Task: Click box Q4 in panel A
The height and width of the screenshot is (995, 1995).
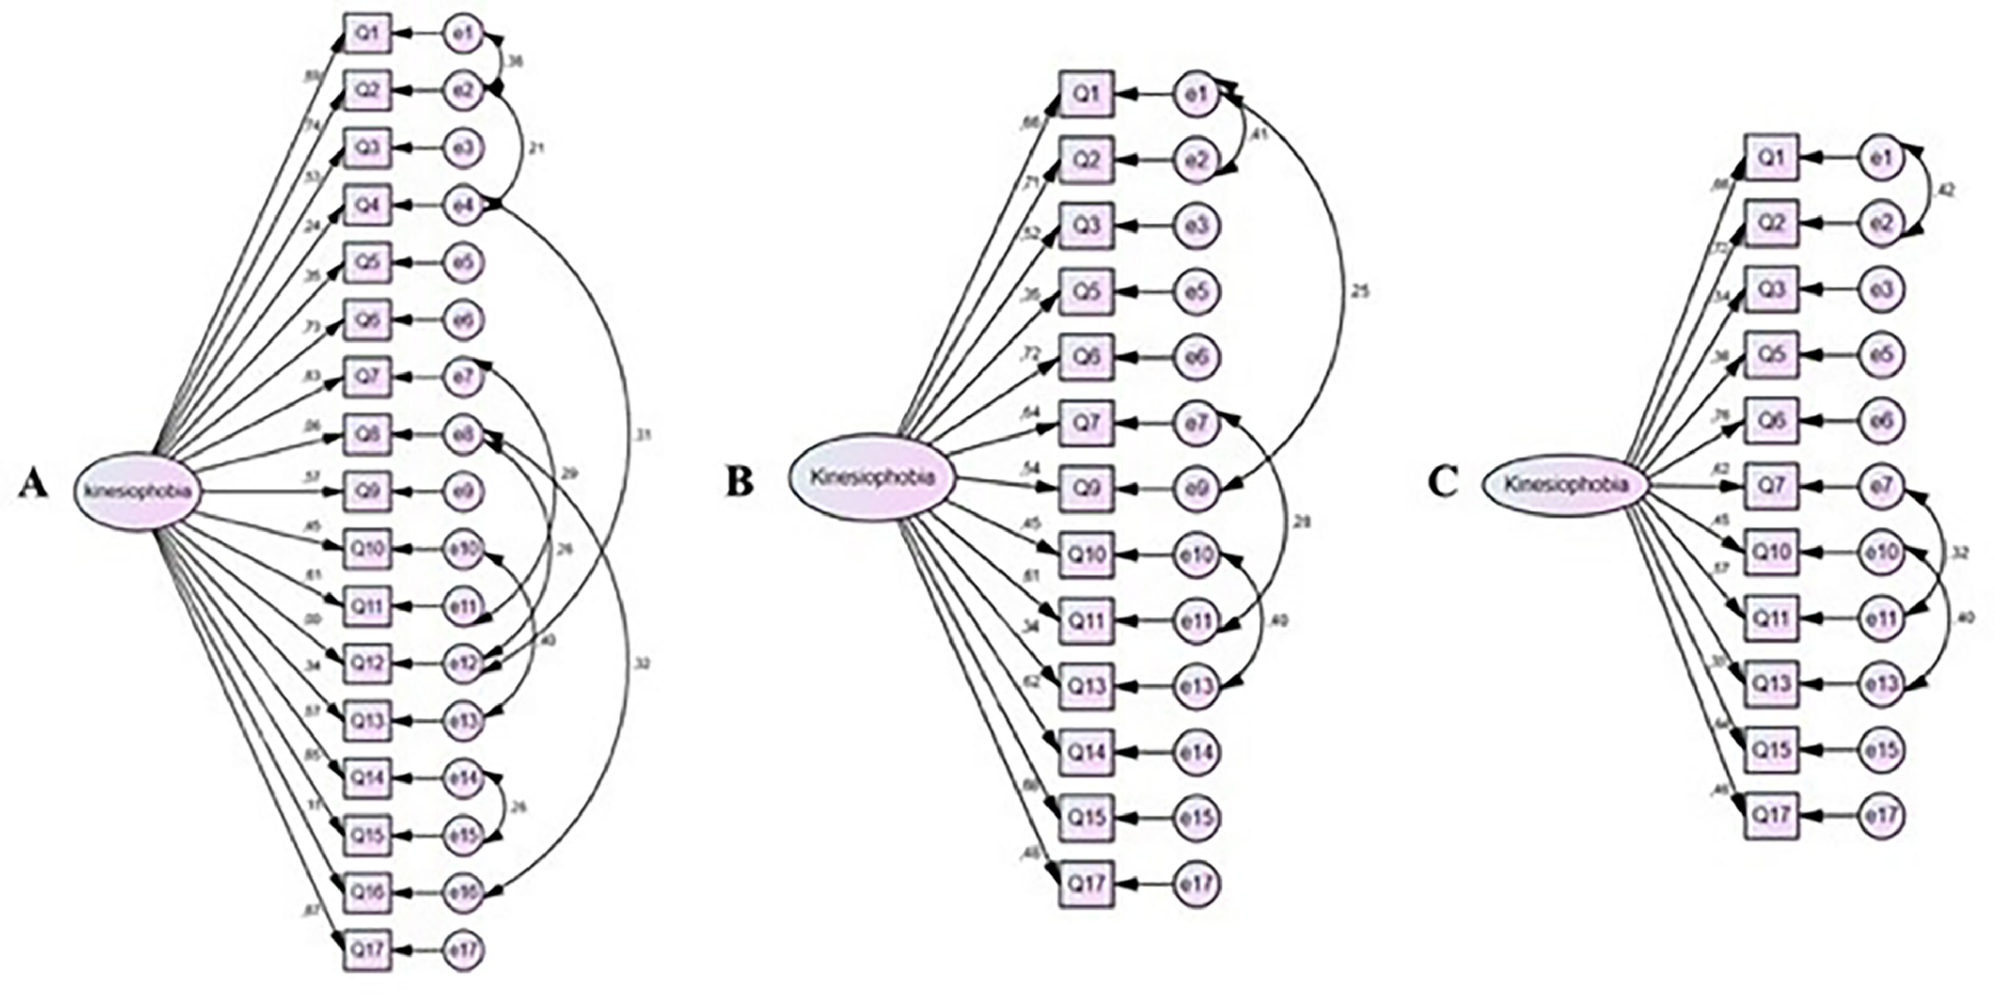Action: coord(369,205)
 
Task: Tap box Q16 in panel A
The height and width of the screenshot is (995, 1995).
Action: coord(369,892)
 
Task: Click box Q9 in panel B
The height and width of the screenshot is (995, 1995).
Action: coord(1087,489)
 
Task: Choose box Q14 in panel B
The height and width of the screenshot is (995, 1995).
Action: coord(1087,751)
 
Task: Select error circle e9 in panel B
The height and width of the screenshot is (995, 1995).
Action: coord(1198,489)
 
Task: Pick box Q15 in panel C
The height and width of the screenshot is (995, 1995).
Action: coord(1771,749)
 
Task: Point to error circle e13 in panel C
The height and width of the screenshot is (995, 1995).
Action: coord(1881,684)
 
